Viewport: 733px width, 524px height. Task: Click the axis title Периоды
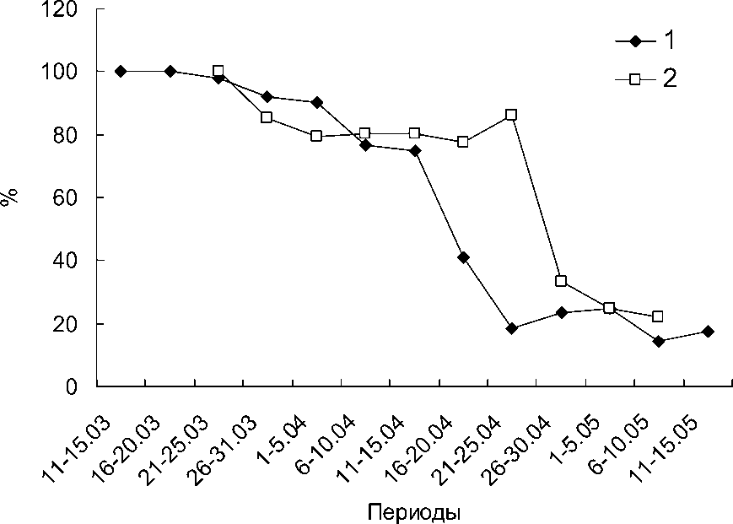(x=413, y=512)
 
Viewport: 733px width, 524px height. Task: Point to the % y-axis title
(x=11, y=199)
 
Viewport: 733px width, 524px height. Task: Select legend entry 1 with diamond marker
(x=646, y=41)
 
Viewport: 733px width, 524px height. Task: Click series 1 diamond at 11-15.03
(x=121, y=72)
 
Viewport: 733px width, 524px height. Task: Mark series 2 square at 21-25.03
(x=218, y=72)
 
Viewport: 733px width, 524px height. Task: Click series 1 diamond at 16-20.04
(x=463, y=257)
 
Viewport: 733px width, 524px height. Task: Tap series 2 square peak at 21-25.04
(x=511, y=115)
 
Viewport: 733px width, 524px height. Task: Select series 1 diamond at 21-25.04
(x=511, y=328)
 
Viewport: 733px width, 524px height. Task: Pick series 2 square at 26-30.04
(x=560, y=281)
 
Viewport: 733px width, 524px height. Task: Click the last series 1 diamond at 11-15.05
(x=707, y=332)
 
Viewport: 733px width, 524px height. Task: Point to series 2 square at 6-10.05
(x=658, y=316)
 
